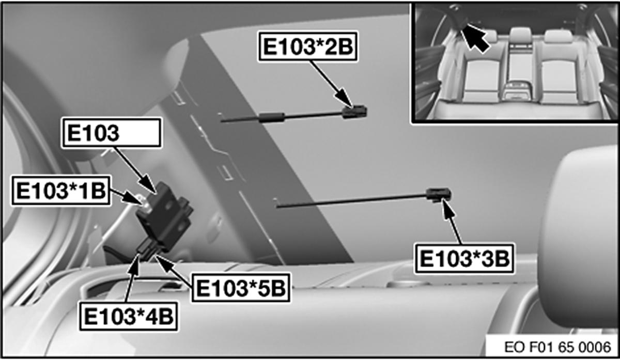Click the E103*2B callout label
coord(308,46)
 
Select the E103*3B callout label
coord(462,259)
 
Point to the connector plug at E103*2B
coord(355,111)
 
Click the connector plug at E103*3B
coord(439,195)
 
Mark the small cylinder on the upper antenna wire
coord(273,117)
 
